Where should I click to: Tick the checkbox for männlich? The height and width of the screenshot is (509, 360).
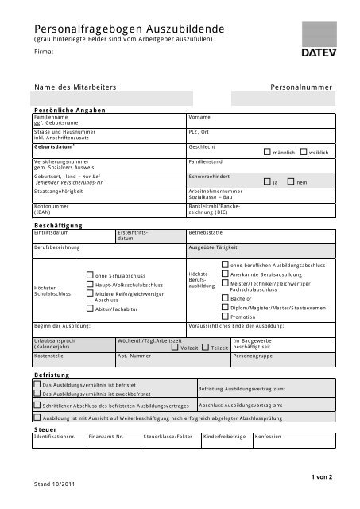[267, 151]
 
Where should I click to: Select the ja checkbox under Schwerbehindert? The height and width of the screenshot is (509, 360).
[267, 181]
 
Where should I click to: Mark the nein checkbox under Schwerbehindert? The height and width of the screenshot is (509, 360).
[292, 181]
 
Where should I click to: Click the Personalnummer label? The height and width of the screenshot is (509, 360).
[301, 85]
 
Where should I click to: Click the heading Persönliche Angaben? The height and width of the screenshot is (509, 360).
[66, 109]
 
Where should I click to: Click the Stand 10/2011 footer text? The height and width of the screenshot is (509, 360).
[54, 483]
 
